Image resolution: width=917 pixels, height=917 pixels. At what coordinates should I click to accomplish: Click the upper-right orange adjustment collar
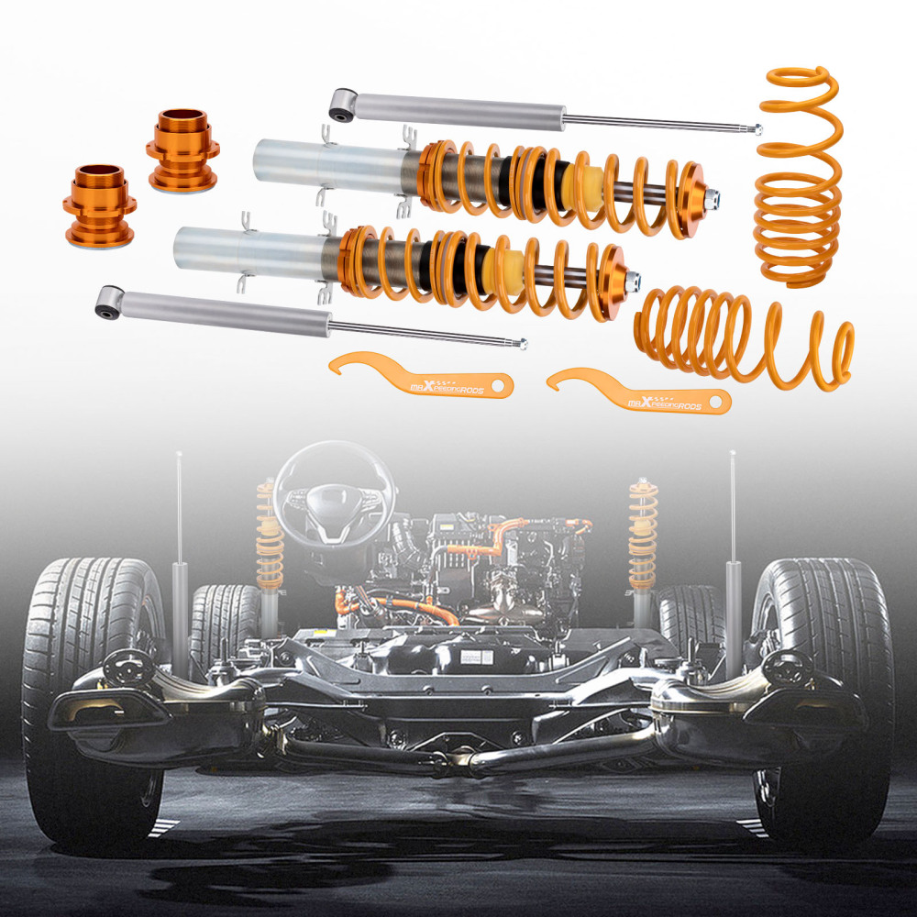[182, 151]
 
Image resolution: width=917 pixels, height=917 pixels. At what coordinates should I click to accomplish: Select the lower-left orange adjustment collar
[98, 205]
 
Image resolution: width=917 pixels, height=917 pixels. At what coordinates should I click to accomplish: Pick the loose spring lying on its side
[743, 335]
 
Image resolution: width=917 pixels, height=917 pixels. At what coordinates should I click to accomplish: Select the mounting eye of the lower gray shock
[109, 301]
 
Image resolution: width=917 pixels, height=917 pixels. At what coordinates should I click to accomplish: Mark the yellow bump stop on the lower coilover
[506, 261]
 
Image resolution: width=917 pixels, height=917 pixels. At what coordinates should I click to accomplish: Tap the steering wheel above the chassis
[334, 495]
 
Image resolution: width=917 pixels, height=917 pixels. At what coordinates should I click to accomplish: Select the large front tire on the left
[92, 697]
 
